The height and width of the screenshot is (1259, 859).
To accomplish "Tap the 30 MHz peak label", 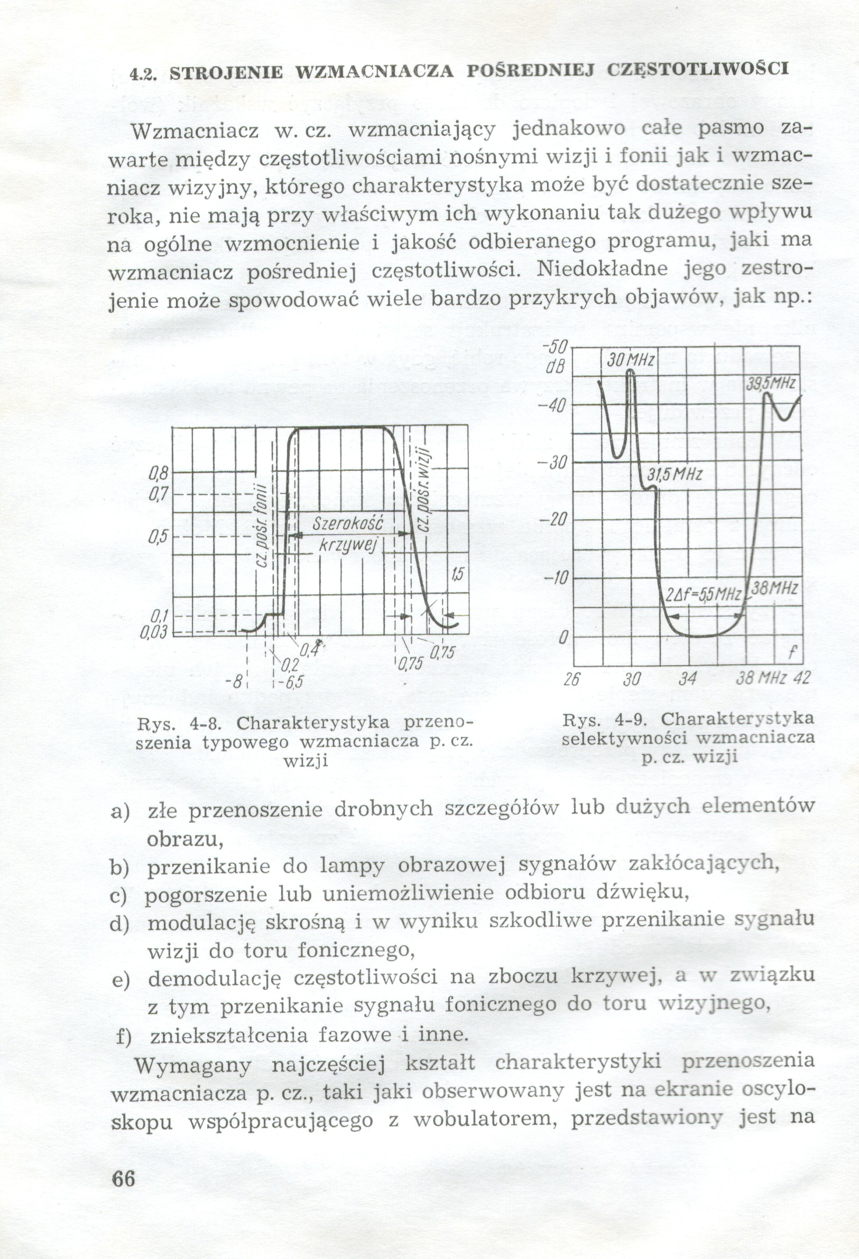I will tap(630, 360).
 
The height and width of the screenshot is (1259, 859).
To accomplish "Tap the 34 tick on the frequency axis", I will tap(687, 678).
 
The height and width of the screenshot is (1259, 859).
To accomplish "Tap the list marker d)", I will tap(120, 923).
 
